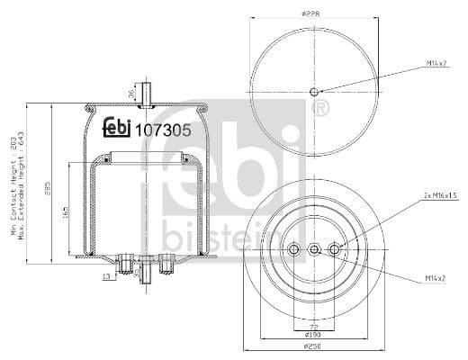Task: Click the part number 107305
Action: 163,129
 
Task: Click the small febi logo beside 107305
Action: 116,129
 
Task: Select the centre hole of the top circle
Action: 313,92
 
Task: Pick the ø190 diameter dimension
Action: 313,334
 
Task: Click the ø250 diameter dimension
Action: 313,346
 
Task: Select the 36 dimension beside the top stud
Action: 131,93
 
